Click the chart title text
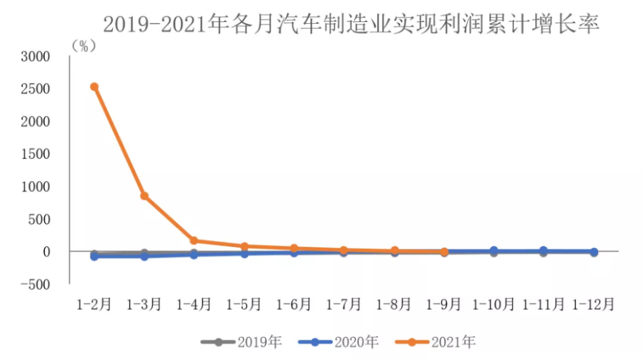(351, 24)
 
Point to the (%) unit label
(84, 46)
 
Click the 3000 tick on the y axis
(35, 57)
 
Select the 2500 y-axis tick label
(35, 89)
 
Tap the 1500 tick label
(35, 154)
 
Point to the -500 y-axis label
(35, 284)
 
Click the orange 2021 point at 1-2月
(94, 86)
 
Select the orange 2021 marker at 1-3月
(144, 196)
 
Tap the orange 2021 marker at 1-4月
(194, 240)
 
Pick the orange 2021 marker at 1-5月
(245, 246)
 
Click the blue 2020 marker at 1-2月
(94, 256)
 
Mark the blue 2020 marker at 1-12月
(594, 252)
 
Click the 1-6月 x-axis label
(294, 304)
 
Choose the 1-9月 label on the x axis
(444, 304)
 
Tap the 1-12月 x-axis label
(594, 304)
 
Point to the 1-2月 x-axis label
(94, 304)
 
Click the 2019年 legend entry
(241, 342)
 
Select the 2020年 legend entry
(338, 342)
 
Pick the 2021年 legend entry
(435, 342)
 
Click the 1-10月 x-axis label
(494, 304)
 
